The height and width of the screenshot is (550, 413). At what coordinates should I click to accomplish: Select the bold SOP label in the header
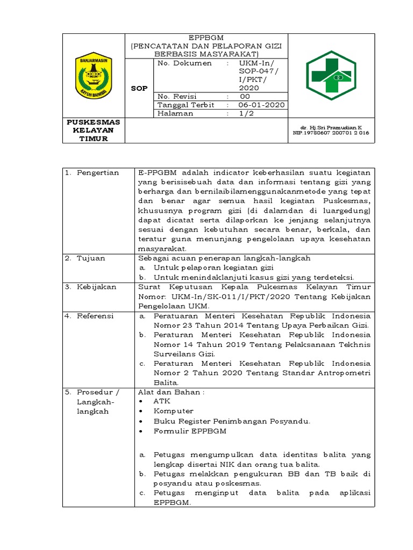coord(139,88)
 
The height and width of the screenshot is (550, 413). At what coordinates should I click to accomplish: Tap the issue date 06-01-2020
coord(262,105)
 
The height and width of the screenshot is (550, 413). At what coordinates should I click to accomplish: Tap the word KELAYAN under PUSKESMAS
coord(94,130)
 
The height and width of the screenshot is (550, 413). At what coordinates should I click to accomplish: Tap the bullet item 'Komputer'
coord(173,411)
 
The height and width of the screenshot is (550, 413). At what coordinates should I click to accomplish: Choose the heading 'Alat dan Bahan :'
coord(170,392)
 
